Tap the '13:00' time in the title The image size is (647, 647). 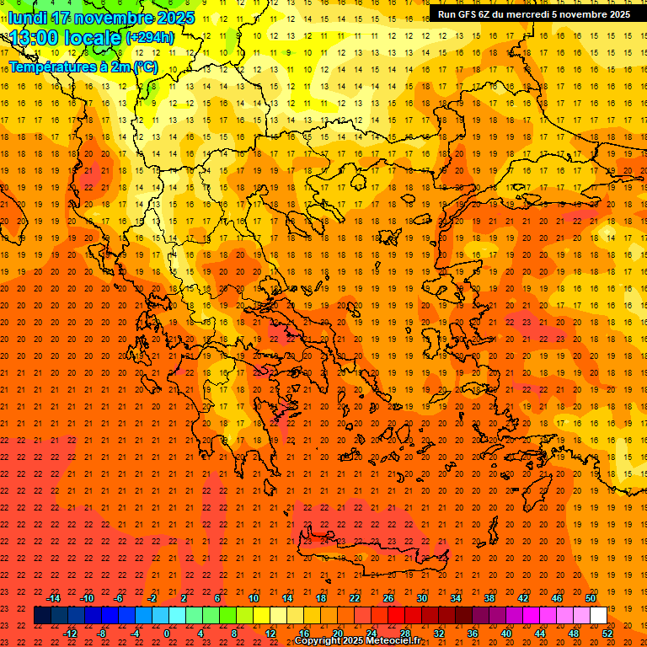[38, 38]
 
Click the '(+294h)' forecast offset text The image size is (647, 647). [150, 38]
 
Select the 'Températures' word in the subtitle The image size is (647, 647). [52, 67]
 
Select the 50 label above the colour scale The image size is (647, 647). [591, 598]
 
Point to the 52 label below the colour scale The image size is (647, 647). [608, 634]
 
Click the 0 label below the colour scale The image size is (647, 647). [166, 634]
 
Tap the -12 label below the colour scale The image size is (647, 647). [71, 634]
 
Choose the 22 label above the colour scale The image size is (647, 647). [355, 598]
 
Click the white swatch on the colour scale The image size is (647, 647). [598, 616]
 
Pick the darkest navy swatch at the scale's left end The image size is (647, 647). [42, 616]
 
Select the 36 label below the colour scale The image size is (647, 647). [473, 634]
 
